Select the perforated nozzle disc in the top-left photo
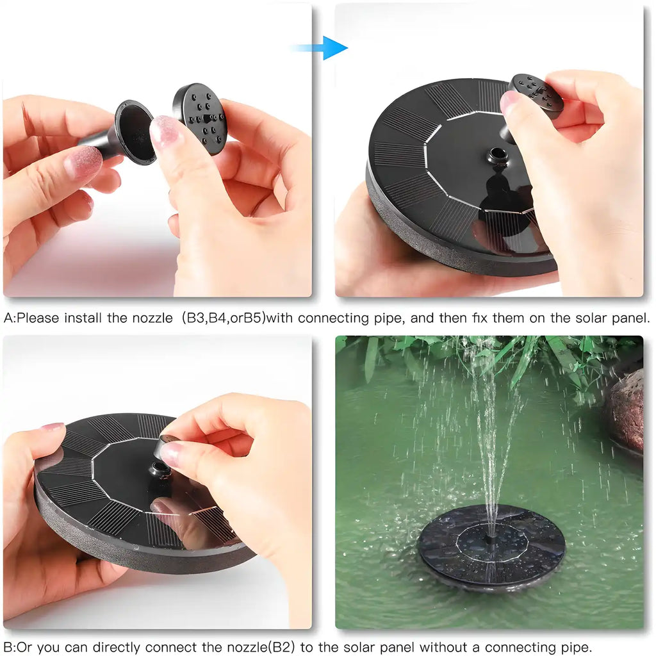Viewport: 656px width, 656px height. [201, 118]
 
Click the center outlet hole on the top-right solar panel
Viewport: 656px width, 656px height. [496, 156]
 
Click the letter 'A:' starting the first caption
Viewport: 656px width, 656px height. [10, 318]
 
